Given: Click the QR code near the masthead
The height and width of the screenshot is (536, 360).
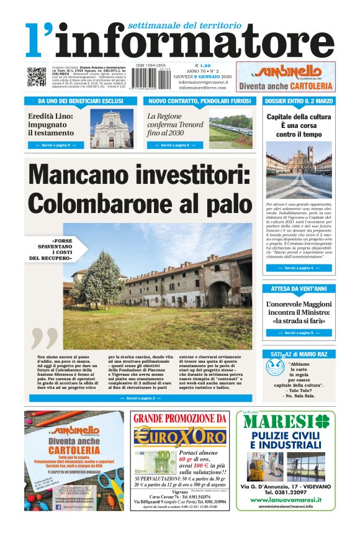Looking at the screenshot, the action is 36,78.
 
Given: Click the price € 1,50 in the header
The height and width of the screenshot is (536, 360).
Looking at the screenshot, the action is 203,65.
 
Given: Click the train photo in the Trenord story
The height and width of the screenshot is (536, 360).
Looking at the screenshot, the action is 231,128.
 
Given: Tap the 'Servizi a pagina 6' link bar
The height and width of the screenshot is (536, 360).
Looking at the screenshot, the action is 166,145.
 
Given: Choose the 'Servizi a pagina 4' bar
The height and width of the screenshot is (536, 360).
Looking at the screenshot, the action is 299,268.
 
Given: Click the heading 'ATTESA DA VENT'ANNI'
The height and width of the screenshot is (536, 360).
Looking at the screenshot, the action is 299,289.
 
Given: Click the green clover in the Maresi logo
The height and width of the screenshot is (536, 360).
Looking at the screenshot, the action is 320,421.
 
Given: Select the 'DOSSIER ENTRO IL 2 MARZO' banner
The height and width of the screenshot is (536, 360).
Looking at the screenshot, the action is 299,100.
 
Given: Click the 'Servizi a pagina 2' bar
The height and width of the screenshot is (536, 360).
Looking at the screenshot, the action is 141,397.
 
